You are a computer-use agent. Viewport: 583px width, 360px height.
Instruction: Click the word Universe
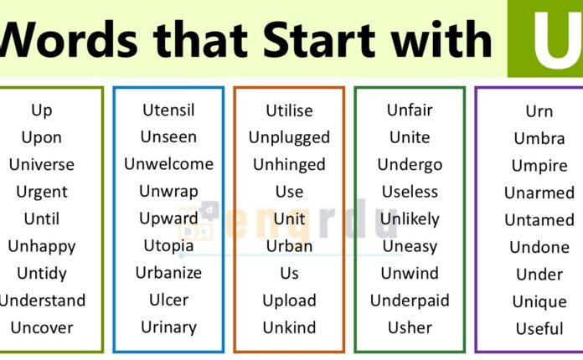click(41, 164)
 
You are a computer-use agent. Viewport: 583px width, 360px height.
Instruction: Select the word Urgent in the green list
click(41, 192)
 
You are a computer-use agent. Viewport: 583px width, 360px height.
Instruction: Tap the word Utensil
click(168, 110)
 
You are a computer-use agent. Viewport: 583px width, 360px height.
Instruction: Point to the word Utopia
click(168, 246)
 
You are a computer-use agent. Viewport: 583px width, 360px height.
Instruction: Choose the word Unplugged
click(289, 137)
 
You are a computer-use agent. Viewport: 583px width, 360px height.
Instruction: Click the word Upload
click(289, 301)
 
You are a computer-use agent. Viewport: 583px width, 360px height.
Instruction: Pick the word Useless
click(410, 192)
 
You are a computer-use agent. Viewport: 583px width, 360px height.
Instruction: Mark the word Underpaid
click(410, 301)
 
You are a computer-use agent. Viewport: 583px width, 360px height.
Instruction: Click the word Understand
click(41, 301)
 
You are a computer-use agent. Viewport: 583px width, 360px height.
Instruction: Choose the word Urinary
click(168, 327)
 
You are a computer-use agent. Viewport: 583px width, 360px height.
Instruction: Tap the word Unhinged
click(289, 164)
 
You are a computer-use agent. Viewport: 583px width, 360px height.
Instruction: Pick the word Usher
click(410, 327)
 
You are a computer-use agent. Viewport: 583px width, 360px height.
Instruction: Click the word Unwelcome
click(168, 164)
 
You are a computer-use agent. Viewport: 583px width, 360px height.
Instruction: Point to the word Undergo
click(410, 164)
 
